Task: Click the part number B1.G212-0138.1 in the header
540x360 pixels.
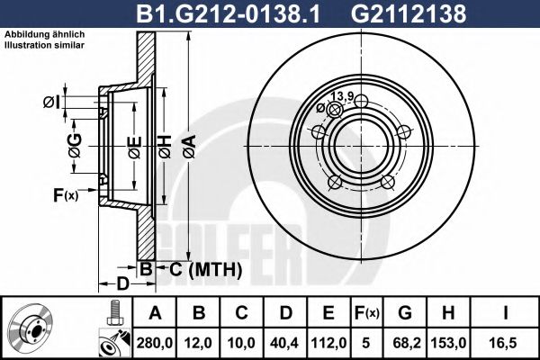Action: point(228,13)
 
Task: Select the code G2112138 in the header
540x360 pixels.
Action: point(409,13)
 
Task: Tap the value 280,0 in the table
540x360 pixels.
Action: point(155,343)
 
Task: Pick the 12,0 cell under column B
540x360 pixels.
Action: point(199,343)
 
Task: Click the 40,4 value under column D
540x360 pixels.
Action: point(284,343)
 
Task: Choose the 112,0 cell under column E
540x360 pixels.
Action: point(328,343)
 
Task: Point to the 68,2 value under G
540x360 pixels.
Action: point(405,343)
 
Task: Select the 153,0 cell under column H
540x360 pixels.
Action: point(448,343)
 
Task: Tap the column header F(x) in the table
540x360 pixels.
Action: point(366,313)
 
